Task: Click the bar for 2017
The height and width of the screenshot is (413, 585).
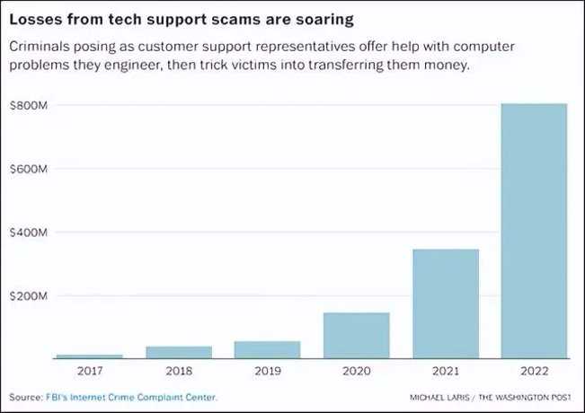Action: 88,356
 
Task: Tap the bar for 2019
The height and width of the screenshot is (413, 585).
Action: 267,349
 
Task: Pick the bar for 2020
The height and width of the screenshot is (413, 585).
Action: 356,335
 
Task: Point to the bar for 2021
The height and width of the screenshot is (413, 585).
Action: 446,303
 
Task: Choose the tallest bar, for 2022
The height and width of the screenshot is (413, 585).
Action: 535,231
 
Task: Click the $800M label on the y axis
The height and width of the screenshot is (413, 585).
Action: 28,106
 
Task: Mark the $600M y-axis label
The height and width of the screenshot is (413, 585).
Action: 28,169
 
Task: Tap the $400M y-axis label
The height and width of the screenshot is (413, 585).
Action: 28,233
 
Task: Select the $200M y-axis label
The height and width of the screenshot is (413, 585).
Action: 28,296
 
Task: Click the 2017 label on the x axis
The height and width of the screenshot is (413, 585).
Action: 88,370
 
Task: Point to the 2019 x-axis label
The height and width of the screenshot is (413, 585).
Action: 267,370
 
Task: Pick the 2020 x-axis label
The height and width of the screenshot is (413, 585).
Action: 356,370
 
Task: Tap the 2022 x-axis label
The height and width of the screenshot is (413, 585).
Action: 535,370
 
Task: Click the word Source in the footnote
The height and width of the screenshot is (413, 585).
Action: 24,396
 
